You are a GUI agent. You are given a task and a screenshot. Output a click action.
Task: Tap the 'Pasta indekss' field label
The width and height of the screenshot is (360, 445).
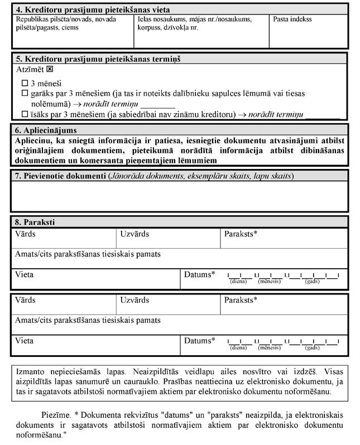coord(292,20)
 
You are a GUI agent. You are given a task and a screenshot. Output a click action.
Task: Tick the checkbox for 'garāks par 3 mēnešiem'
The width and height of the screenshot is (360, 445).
coord(24,94)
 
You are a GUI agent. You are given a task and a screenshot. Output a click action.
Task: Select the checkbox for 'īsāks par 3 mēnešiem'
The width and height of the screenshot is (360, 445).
coord(24,114)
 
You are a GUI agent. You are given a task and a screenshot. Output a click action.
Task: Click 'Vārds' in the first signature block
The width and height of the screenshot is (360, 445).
coord(25,234)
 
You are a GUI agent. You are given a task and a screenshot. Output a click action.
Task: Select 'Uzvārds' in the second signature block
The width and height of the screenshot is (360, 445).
coord(135,300)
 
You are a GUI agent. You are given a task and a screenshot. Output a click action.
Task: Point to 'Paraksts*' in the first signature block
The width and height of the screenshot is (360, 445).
coord(241,234)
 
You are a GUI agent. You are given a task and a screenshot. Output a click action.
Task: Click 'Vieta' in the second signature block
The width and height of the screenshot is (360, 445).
coord(24,341)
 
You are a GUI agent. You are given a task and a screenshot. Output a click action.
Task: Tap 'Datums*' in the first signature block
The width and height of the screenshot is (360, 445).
coord(200,274)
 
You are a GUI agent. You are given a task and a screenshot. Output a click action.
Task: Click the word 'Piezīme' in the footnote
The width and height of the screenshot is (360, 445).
coord(55,416)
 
